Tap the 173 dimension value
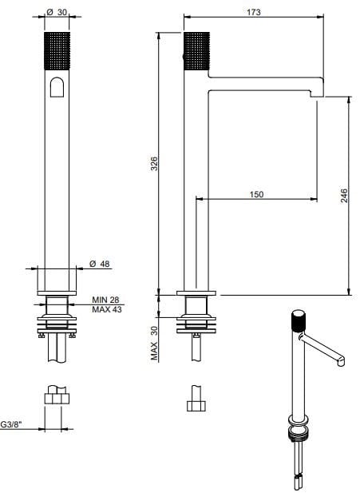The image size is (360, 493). (253, 13)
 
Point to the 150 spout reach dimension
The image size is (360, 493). (256, 194)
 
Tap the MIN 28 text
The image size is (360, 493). (107, 300)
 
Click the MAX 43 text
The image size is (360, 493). (107, 309)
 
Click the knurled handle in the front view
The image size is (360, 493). (56, 52)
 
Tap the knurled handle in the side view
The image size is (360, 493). (196, 52)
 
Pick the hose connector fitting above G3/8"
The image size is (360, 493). (56, 397)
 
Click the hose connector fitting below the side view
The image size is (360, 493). (196, 399)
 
